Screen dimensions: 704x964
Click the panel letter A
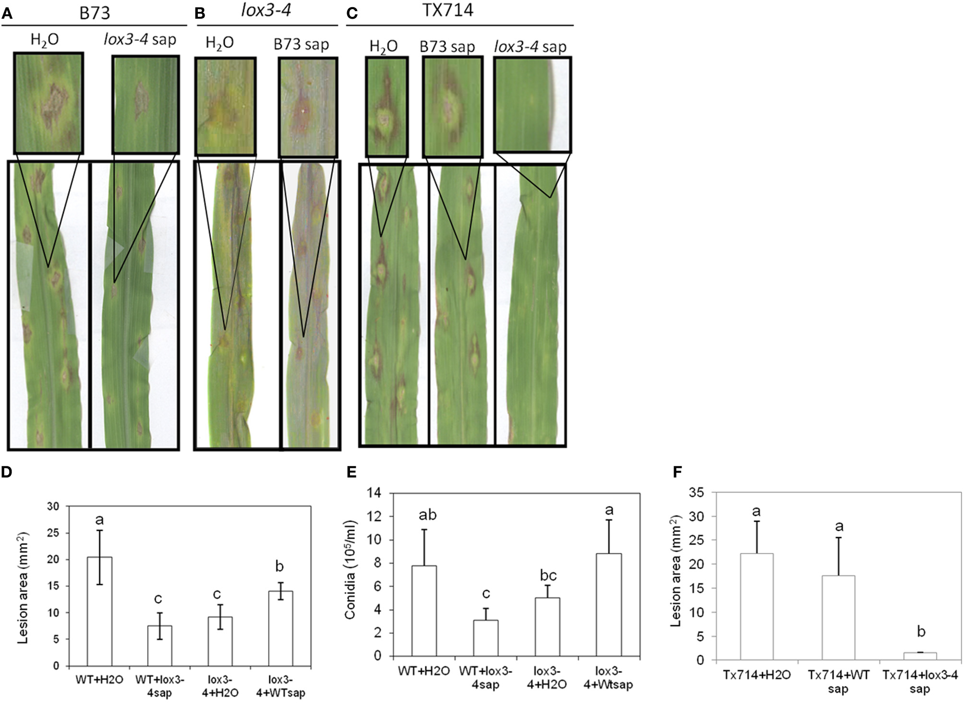[7, 13]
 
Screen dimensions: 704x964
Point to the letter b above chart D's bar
[279, 566]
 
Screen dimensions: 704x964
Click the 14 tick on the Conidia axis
[373, 493]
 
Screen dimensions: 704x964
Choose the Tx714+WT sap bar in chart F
[838, 618]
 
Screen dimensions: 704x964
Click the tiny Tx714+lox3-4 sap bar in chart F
[920, 656]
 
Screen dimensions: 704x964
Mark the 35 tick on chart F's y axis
[696, 492]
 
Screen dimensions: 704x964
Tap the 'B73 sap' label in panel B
[301, 45]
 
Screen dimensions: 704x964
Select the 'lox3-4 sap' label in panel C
[530, 47]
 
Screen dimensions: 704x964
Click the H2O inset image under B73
[48, 103]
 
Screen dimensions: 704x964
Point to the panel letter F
[677, 472]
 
